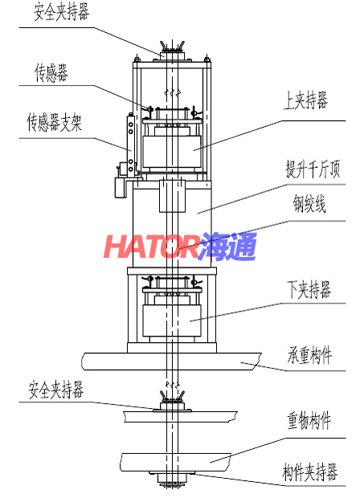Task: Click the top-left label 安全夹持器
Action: [x=61, y=13]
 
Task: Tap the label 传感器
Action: [x=51, y=72]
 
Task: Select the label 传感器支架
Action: [x=55, y=122]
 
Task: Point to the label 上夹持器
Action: [x=305, y=100]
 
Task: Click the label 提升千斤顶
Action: [x=313, y=169]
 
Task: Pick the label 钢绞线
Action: [x=309, y=204]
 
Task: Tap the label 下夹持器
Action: [x=309, y=289]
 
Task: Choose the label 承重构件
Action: [x=309, y=355]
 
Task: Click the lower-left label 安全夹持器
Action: [x=56, y=390]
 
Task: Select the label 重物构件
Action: [x=309, y=420]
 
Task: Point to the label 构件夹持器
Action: [x=310, y=472]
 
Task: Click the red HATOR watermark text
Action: [x=152, y=246]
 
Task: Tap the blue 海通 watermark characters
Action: [x=227, y=247]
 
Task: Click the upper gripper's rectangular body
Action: [x=172, y=152]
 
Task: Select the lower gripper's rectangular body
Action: [x=172, y=320]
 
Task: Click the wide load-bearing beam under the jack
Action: [x=171, y=361]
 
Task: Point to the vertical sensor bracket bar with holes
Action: [x=131, y=145]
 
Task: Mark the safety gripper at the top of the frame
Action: [x=172, y=51]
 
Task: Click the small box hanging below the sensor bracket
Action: [x=120, y=188]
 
